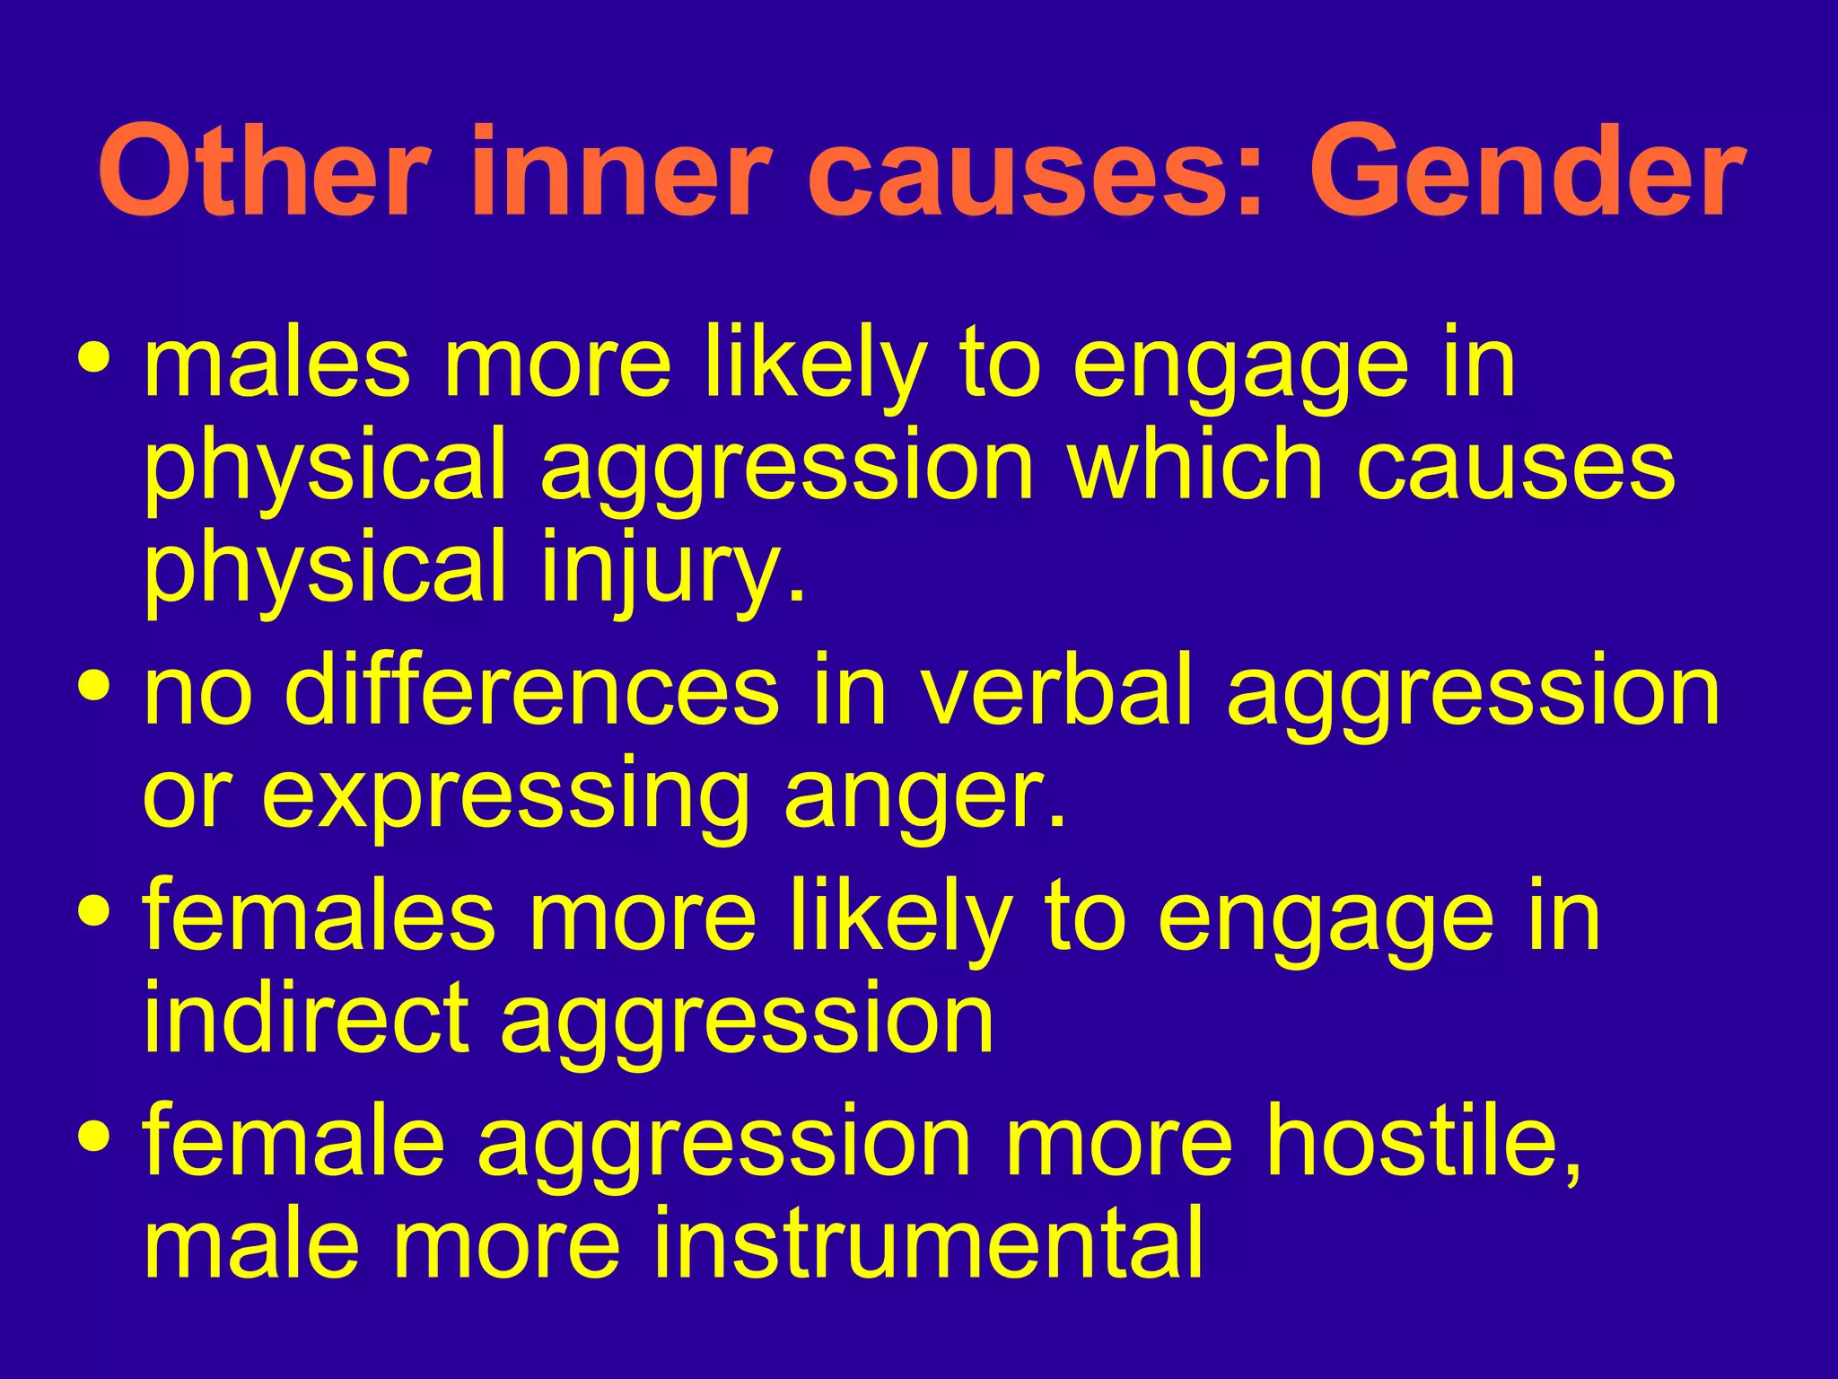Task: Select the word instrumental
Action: click(924, 1243)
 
